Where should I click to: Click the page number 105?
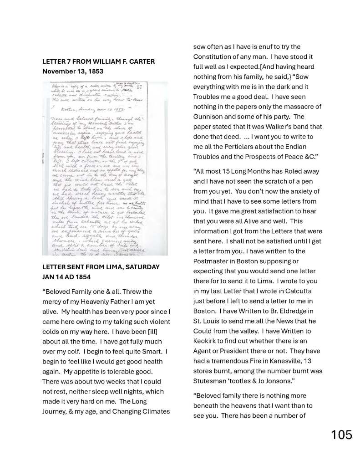(x=341, y=435)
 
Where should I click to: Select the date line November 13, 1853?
(x=73, y=72)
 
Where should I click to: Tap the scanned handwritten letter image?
(x=105, y=169)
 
